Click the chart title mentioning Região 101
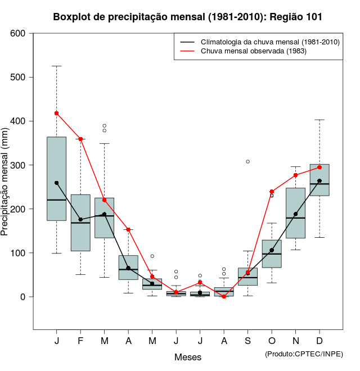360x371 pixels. click(x=188, y=17)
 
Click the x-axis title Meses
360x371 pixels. click(x=188, y=357)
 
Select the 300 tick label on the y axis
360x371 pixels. click(x=18, y=165)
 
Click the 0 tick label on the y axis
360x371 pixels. click(x=23, y=297)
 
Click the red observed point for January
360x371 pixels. click(x=57, y=113)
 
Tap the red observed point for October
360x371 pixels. click(x=272, y=192)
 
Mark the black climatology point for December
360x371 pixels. click(x=319, y=181)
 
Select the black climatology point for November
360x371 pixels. click(x=296, y=214)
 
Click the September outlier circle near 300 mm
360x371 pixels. click(x=247, y=161)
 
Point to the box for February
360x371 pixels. click(x=80, y=223)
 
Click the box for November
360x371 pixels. click(x=296, y=213)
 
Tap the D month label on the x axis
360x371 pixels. click(x=319, y=341)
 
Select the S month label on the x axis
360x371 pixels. click(x=247, y=341)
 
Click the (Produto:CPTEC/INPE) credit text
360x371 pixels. click(x=304, y=354)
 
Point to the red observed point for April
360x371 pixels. click(x=128, y=229)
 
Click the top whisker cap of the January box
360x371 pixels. click(x=57, y=66)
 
